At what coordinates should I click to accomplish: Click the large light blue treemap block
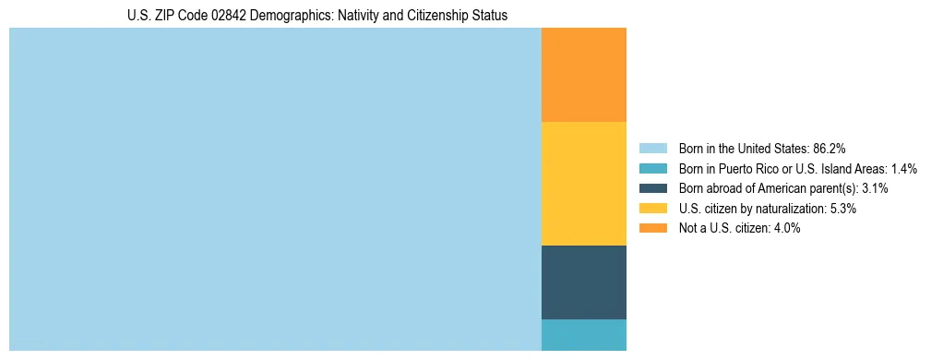pos(275,189)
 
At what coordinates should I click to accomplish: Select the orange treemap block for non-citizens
pos(583,75)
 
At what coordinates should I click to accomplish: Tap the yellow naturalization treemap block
pos(583,184)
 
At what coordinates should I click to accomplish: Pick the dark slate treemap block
pos(583,282)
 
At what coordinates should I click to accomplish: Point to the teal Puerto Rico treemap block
pos(583,335)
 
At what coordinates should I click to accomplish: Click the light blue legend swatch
pos(652,148)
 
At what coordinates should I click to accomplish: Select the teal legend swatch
pos(652,168)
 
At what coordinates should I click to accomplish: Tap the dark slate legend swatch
pos(652,188)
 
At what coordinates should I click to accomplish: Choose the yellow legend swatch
pos(652,209)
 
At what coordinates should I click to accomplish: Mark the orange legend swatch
pos(652,228)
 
